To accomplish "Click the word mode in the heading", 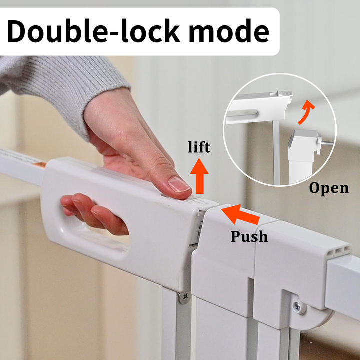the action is coord(228,32).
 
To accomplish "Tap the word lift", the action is coord(199,147).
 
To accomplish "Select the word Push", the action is coord(249,236).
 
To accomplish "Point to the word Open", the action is coord(329,188).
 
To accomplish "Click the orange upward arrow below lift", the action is coord(199,176).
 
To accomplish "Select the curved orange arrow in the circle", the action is coord(305,112).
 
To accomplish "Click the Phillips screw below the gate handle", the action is coord(185,297).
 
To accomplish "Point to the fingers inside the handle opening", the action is coord(94,214).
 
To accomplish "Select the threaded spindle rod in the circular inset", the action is coord(326,143).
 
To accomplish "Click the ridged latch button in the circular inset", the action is coord(284,93).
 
